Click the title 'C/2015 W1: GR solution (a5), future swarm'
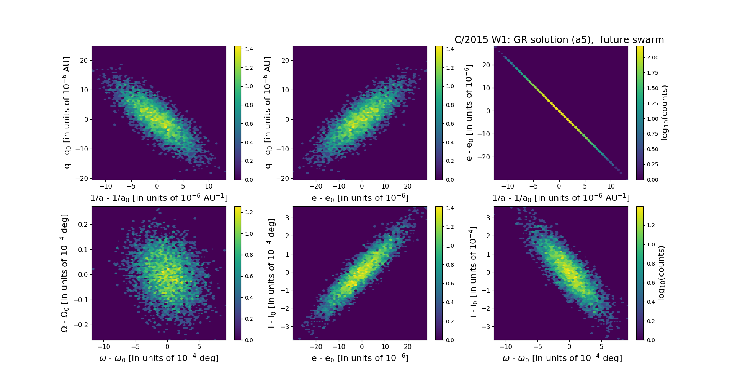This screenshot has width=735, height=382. point(559,40)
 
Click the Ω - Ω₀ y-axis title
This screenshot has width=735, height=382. point(64,273)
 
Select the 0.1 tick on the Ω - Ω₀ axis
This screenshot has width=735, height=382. point(82,249)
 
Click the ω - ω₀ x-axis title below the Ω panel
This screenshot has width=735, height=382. point(159,358)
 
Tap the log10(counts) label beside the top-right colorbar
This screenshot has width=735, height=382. point(665,113)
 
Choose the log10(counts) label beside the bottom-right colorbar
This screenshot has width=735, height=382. point(661,273)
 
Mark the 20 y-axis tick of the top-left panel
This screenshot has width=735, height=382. point(84,61)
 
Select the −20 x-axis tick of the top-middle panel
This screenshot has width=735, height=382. point(316,186)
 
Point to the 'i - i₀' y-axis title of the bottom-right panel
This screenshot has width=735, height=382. point(473,273)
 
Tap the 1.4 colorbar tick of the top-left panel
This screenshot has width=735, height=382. point(249,49)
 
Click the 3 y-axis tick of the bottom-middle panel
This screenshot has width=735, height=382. point(287,218)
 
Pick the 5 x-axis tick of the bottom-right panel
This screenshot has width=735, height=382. point(601,346)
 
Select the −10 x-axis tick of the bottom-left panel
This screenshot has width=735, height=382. point(104,346)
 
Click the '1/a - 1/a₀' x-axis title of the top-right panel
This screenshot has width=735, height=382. point(561,198)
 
